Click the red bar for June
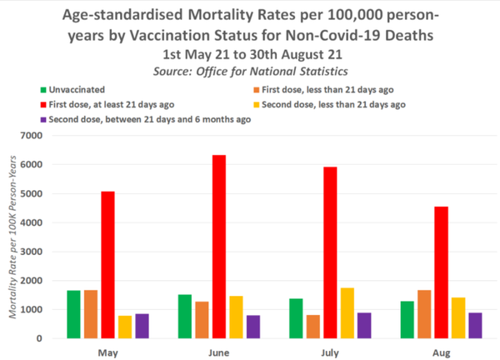click(219, 247)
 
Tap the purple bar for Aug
click(475, 325)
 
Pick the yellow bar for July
click(347, 313)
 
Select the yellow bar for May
click(125, 327)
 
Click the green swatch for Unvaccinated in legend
click(42, 88)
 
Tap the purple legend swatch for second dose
click(42, 119)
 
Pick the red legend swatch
click(42, 104)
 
